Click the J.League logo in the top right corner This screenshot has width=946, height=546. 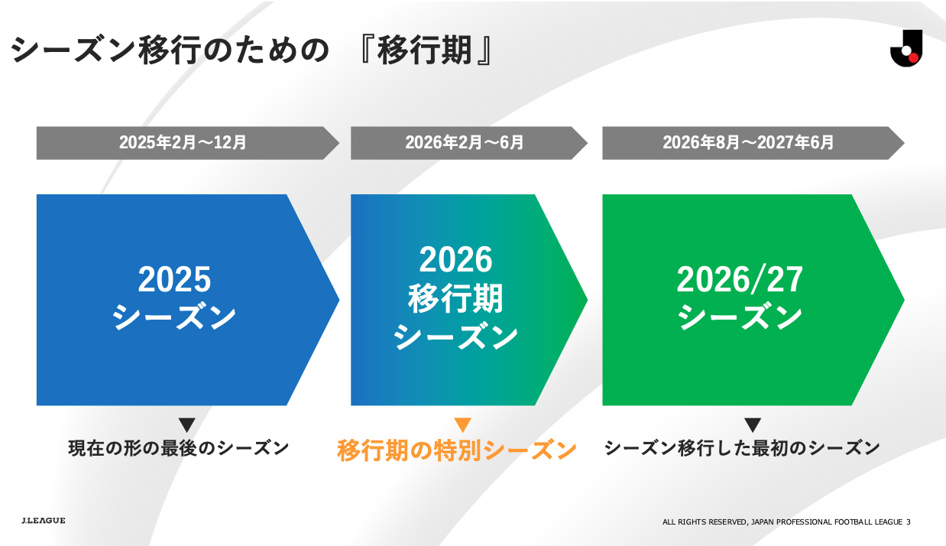tap(906, 48)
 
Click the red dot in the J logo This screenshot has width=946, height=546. tap(913, 57)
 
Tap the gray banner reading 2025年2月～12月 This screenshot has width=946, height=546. tap(187, 143)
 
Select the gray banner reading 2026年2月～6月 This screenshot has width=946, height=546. tap(468, 143)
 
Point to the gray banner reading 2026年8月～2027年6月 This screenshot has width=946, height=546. tap(753, 143)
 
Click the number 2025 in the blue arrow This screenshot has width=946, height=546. tap(174, 279)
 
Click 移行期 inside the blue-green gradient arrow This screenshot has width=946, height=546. tap(455, 299)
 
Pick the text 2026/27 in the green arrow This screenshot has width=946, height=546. tap(740, 279)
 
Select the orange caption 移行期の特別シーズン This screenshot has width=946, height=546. tap(456, 450)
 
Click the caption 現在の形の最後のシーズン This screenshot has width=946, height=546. tap(179, 448)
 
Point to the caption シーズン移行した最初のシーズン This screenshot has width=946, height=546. tap(742, 448)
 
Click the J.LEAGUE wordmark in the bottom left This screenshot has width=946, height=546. tap(44, 521)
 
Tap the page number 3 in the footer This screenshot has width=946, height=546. tap(909, 522)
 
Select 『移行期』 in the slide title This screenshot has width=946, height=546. tap(426, 50)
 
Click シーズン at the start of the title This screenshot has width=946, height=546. tap(73, 50)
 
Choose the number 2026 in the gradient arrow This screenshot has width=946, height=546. tap(455, 259)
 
